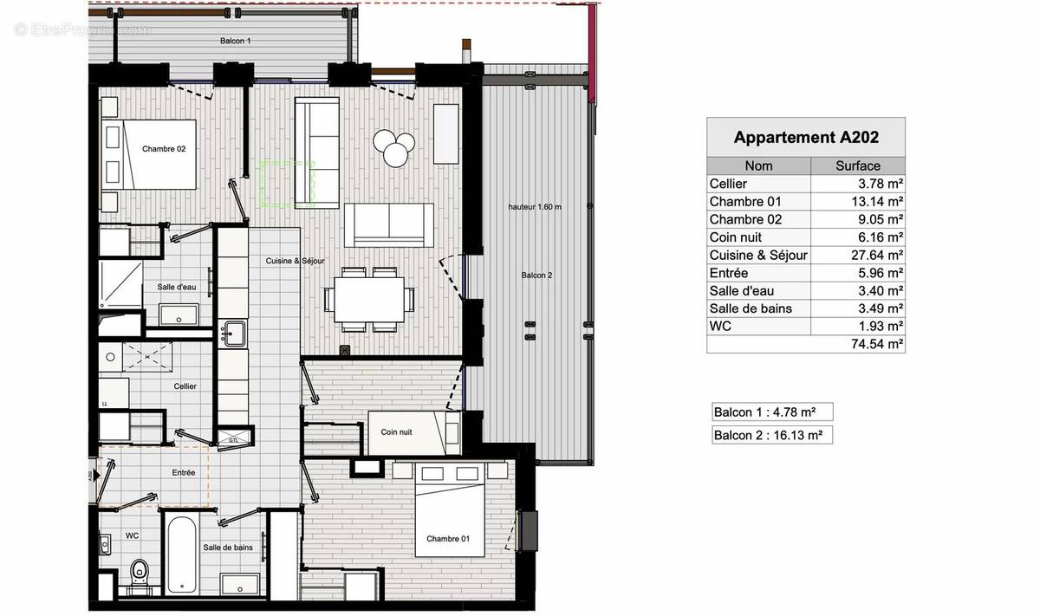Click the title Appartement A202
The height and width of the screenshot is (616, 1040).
click(806, 137)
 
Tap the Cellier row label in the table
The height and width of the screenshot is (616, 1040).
click(728, 184)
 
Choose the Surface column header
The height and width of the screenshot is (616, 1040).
click(857, 165)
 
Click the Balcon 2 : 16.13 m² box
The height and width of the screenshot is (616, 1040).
click(770, 435)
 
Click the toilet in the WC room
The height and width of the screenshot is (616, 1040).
click(139, 572)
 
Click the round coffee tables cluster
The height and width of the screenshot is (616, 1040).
click(393, 147)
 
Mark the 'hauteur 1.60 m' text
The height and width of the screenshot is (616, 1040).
click(535, 207)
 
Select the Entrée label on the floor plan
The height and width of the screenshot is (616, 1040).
click(184, 473)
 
